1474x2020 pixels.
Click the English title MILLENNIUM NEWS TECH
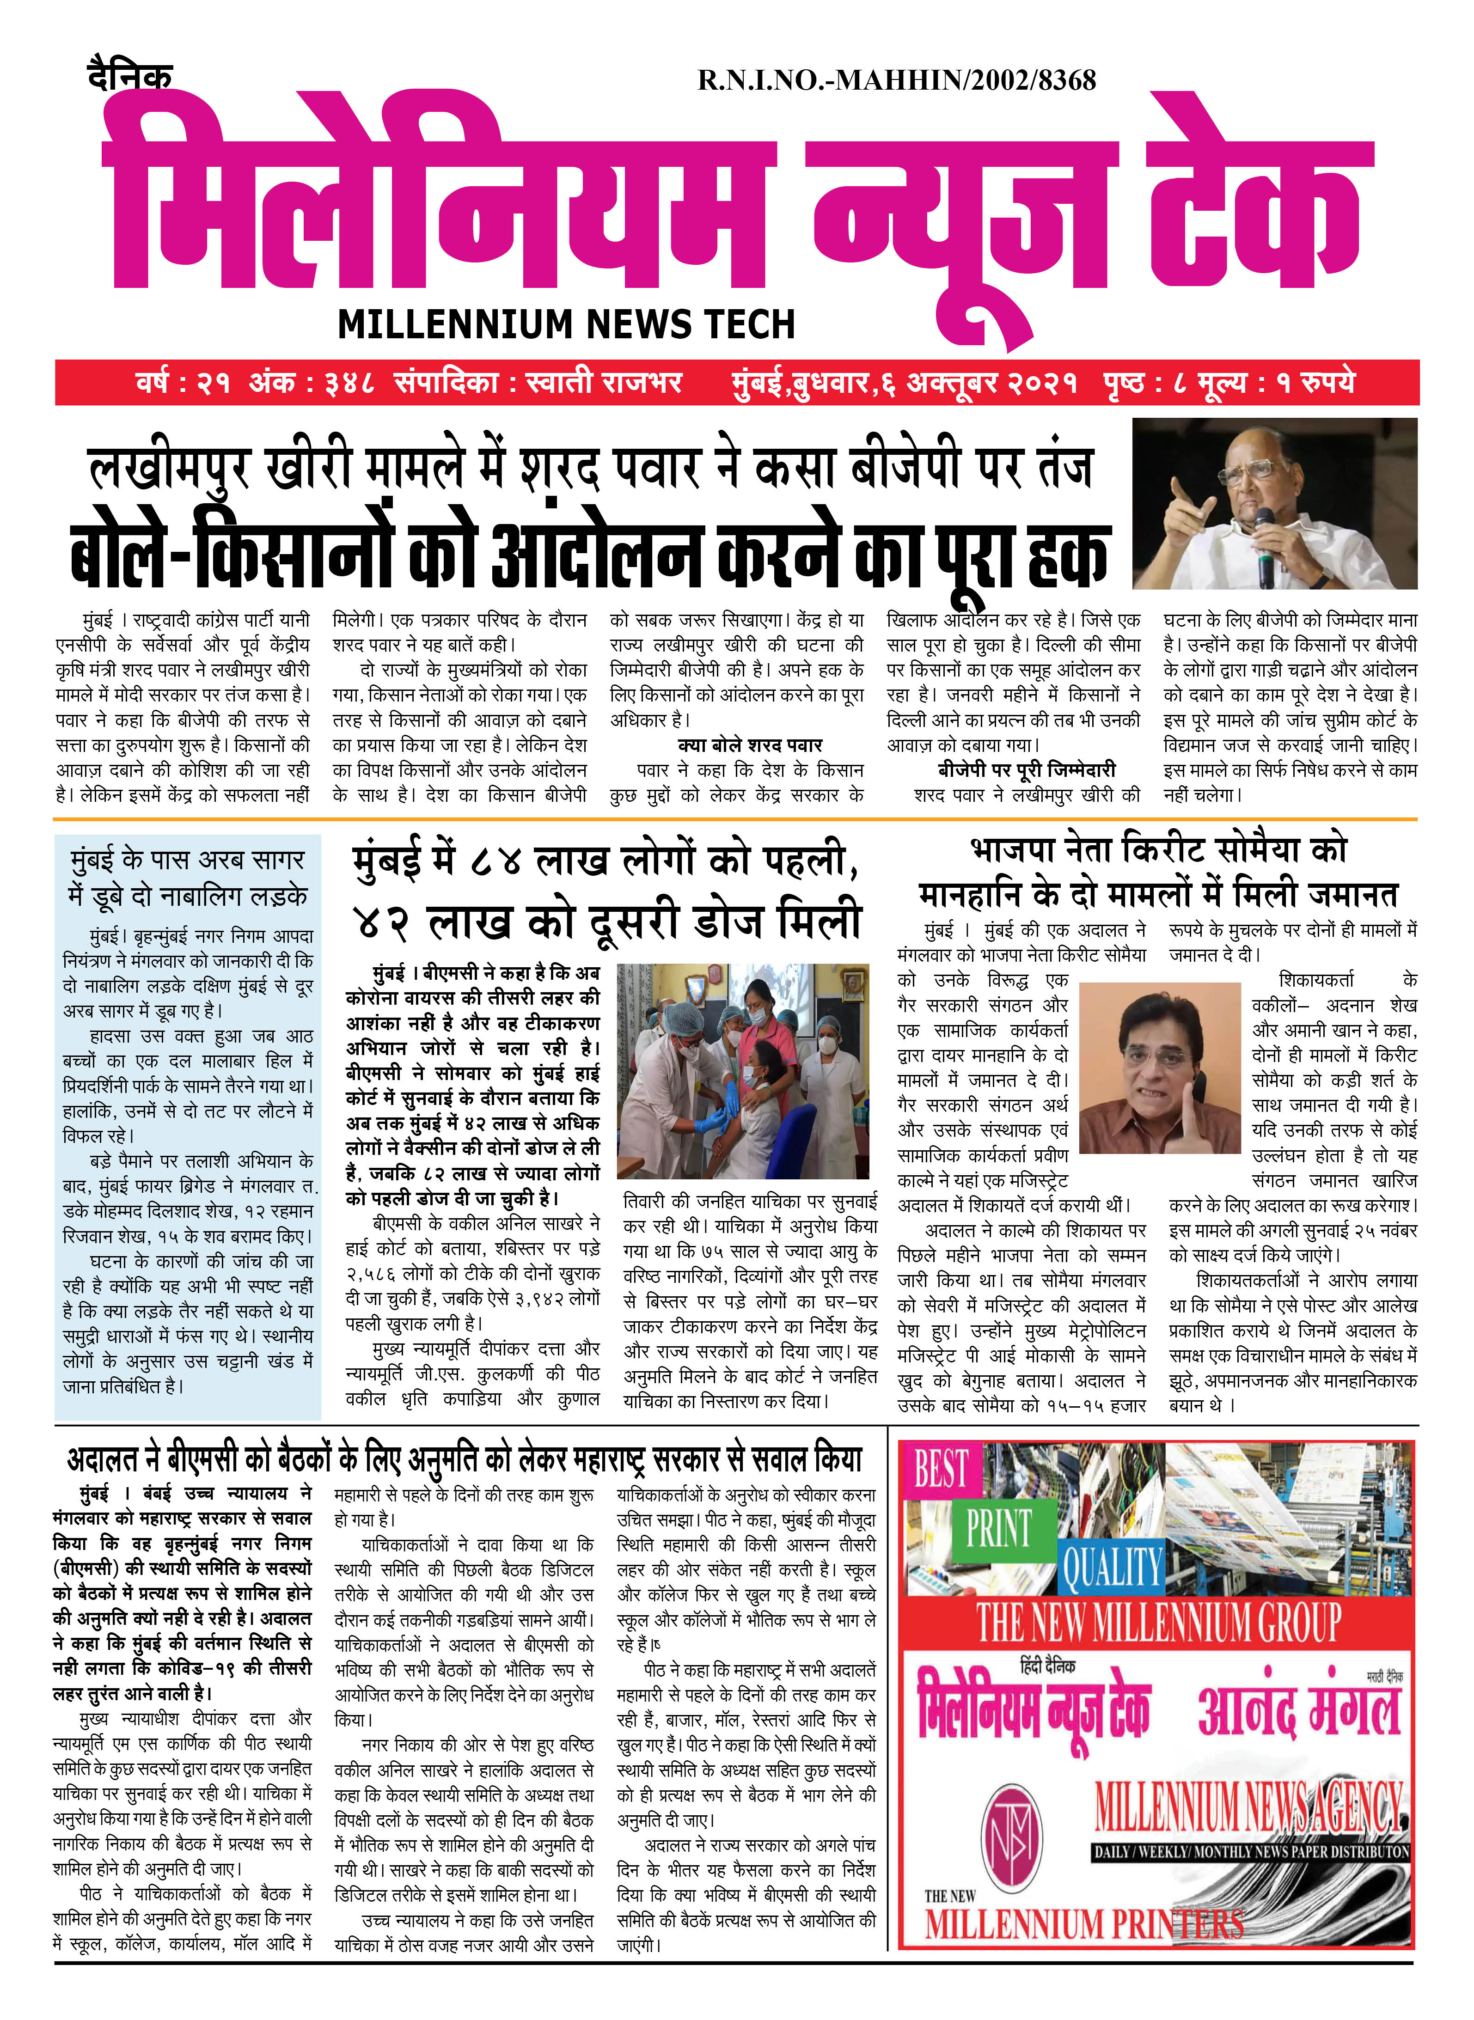[566, 324]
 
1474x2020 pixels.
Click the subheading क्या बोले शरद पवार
[750, 745]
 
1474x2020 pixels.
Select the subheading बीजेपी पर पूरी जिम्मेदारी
[1026, 770]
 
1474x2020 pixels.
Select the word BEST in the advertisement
[942, 1469]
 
